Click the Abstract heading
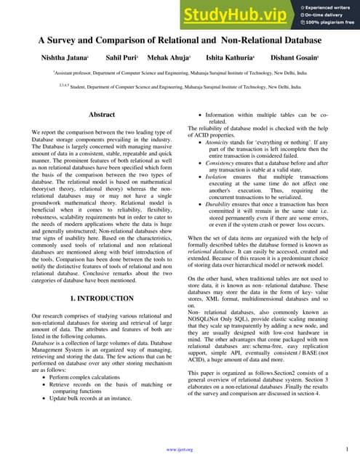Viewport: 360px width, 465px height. click(101, 115)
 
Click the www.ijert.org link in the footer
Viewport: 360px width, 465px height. click(180, 450)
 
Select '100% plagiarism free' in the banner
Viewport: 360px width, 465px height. click(328, 23)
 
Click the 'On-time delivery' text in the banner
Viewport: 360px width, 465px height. click(322, 14)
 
